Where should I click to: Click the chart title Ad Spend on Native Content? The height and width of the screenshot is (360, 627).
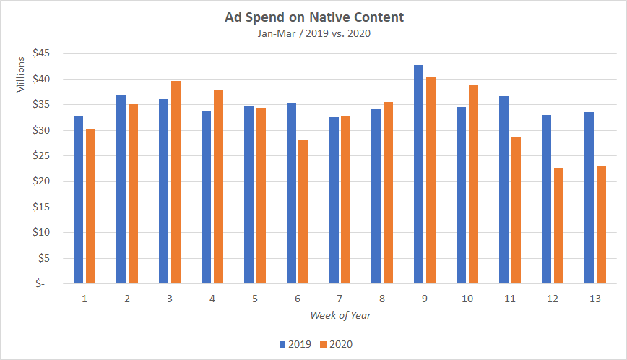(313, 16)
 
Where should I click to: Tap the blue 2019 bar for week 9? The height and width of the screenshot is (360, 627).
(418, 174)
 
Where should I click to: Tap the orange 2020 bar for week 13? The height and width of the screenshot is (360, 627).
(601, 224)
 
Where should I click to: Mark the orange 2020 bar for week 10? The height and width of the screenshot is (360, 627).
(474, 184)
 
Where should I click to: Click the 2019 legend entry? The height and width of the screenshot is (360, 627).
(295, 344)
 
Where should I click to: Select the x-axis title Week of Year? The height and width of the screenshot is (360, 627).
(340, 315)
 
